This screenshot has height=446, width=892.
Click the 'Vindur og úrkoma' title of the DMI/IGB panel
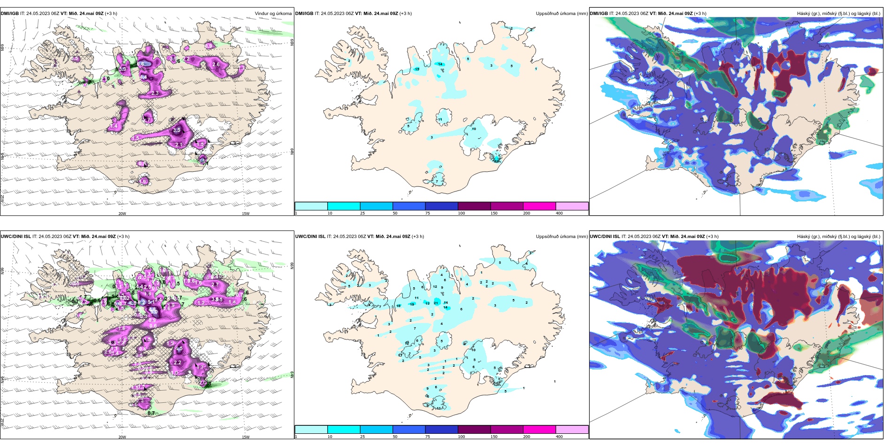point(273,14)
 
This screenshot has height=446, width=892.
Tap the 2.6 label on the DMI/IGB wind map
point(216,64)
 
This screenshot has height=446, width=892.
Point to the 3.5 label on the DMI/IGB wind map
point(177,130)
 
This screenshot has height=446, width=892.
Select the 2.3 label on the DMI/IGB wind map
point(155,93)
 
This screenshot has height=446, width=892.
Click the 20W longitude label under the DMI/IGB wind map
point(122,214)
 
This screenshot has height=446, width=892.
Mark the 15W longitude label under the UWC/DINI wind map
point(246,437)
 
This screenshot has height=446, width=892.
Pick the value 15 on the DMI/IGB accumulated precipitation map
point(417,69)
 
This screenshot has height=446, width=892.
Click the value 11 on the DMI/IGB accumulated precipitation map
point(440,120)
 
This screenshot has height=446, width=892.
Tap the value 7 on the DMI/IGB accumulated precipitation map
point(437,181)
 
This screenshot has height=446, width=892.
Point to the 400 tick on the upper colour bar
point(559,213)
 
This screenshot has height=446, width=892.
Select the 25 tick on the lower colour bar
point(362,437)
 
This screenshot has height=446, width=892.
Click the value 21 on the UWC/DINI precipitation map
point(436,303)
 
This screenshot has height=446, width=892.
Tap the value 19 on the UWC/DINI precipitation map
point(412,305)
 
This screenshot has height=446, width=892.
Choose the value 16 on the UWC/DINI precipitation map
point(399,306)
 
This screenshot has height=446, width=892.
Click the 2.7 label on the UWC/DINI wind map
point(215,285)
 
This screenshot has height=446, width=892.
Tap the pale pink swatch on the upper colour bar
point(572,206)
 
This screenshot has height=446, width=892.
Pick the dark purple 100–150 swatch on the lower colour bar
point(474,430)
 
